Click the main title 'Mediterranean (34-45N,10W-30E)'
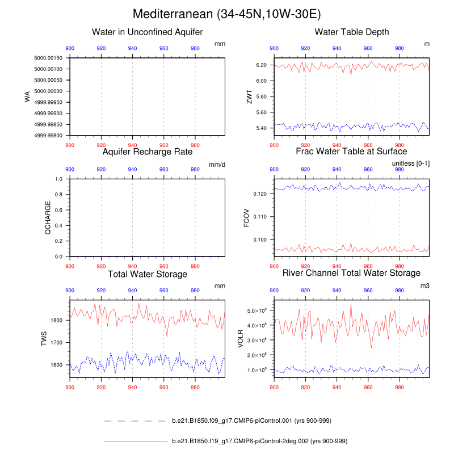point(227,14)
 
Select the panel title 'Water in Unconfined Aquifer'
point(148,32)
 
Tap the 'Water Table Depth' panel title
point(352,32)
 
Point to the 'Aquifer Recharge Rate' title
point(148,152)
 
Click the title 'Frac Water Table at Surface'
point(352,152)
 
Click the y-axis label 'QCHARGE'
point(48,218)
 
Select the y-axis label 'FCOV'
point(247,218)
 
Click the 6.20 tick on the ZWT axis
point(261,65)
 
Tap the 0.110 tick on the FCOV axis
point(259,217)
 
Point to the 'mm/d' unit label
point(217,165)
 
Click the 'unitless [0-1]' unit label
point(410,164)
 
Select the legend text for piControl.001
point(251,421)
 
